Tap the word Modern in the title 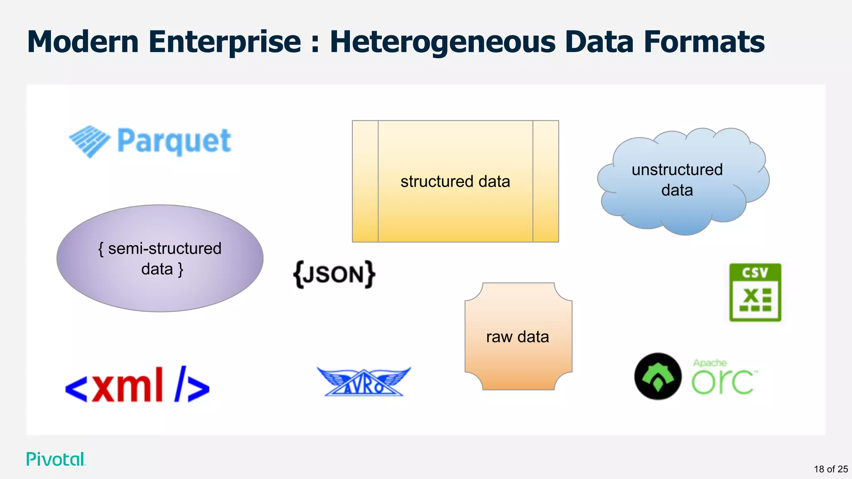83,42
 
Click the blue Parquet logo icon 89,141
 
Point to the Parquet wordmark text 174,141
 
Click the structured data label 455,182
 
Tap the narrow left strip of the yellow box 365,181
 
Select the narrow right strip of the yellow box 545,181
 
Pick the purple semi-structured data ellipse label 160,258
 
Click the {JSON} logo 334,274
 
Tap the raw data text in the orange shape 518,337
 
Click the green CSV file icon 755,292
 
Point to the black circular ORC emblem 658,376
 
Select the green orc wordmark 723,382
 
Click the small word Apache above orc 709,363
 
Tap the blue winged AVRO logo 364,382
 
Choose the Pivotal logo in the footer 56,459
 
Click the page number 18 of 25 830,469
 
